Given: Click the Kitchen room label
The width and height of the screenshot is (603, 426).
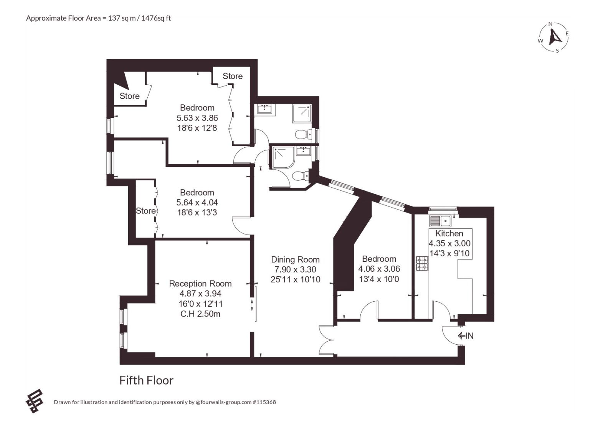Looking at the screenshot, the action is (449, 233).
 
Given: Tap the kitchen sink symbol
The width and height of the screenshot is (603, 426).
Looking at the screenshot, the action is (440, 221).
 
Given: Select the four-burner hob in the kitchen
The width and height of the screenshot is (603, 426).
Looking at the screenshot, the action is (422, 263).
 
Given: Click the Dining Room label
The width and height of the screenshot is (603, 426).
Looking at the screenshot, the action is (295, 259).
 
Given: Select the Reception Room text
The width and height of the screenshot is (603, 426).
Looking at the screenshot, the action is (200, 284).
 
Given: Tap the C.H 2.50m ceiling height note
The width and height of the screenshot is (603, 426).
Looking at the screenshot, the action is (200, 314).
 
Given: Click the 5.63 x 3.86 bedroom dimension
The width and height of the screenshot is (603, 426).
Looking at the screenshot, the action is (197, 118).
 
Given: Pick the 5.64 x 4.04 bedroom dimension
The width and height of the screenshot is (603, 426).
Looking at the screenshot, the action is (197, 202).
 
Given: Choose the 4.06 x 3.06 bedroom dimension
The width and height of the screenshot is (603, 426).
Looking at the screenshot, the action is (379, 269).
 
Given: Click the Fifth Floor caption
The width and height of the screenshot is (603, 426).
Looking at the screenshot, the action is (147, 380).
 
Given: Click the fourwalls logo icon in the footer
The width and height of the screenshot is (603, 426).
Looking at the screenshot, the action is (35, 401).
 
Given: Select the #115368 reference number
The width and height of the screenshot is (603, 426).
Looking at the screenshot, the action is (264, 402).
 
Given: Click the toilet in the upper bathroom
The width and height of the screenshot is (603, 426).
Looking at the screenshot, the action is (303, 134).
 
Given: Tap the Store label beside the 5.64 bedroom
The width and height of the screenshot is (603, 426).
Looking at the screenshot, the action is (145, 211).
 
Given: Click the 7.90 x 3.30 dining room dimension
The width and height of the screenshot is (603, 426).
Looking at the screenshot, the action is (295, 269).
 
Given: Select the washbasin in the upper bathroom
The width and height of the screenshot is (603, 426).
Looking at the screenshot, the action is (265, 109).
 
